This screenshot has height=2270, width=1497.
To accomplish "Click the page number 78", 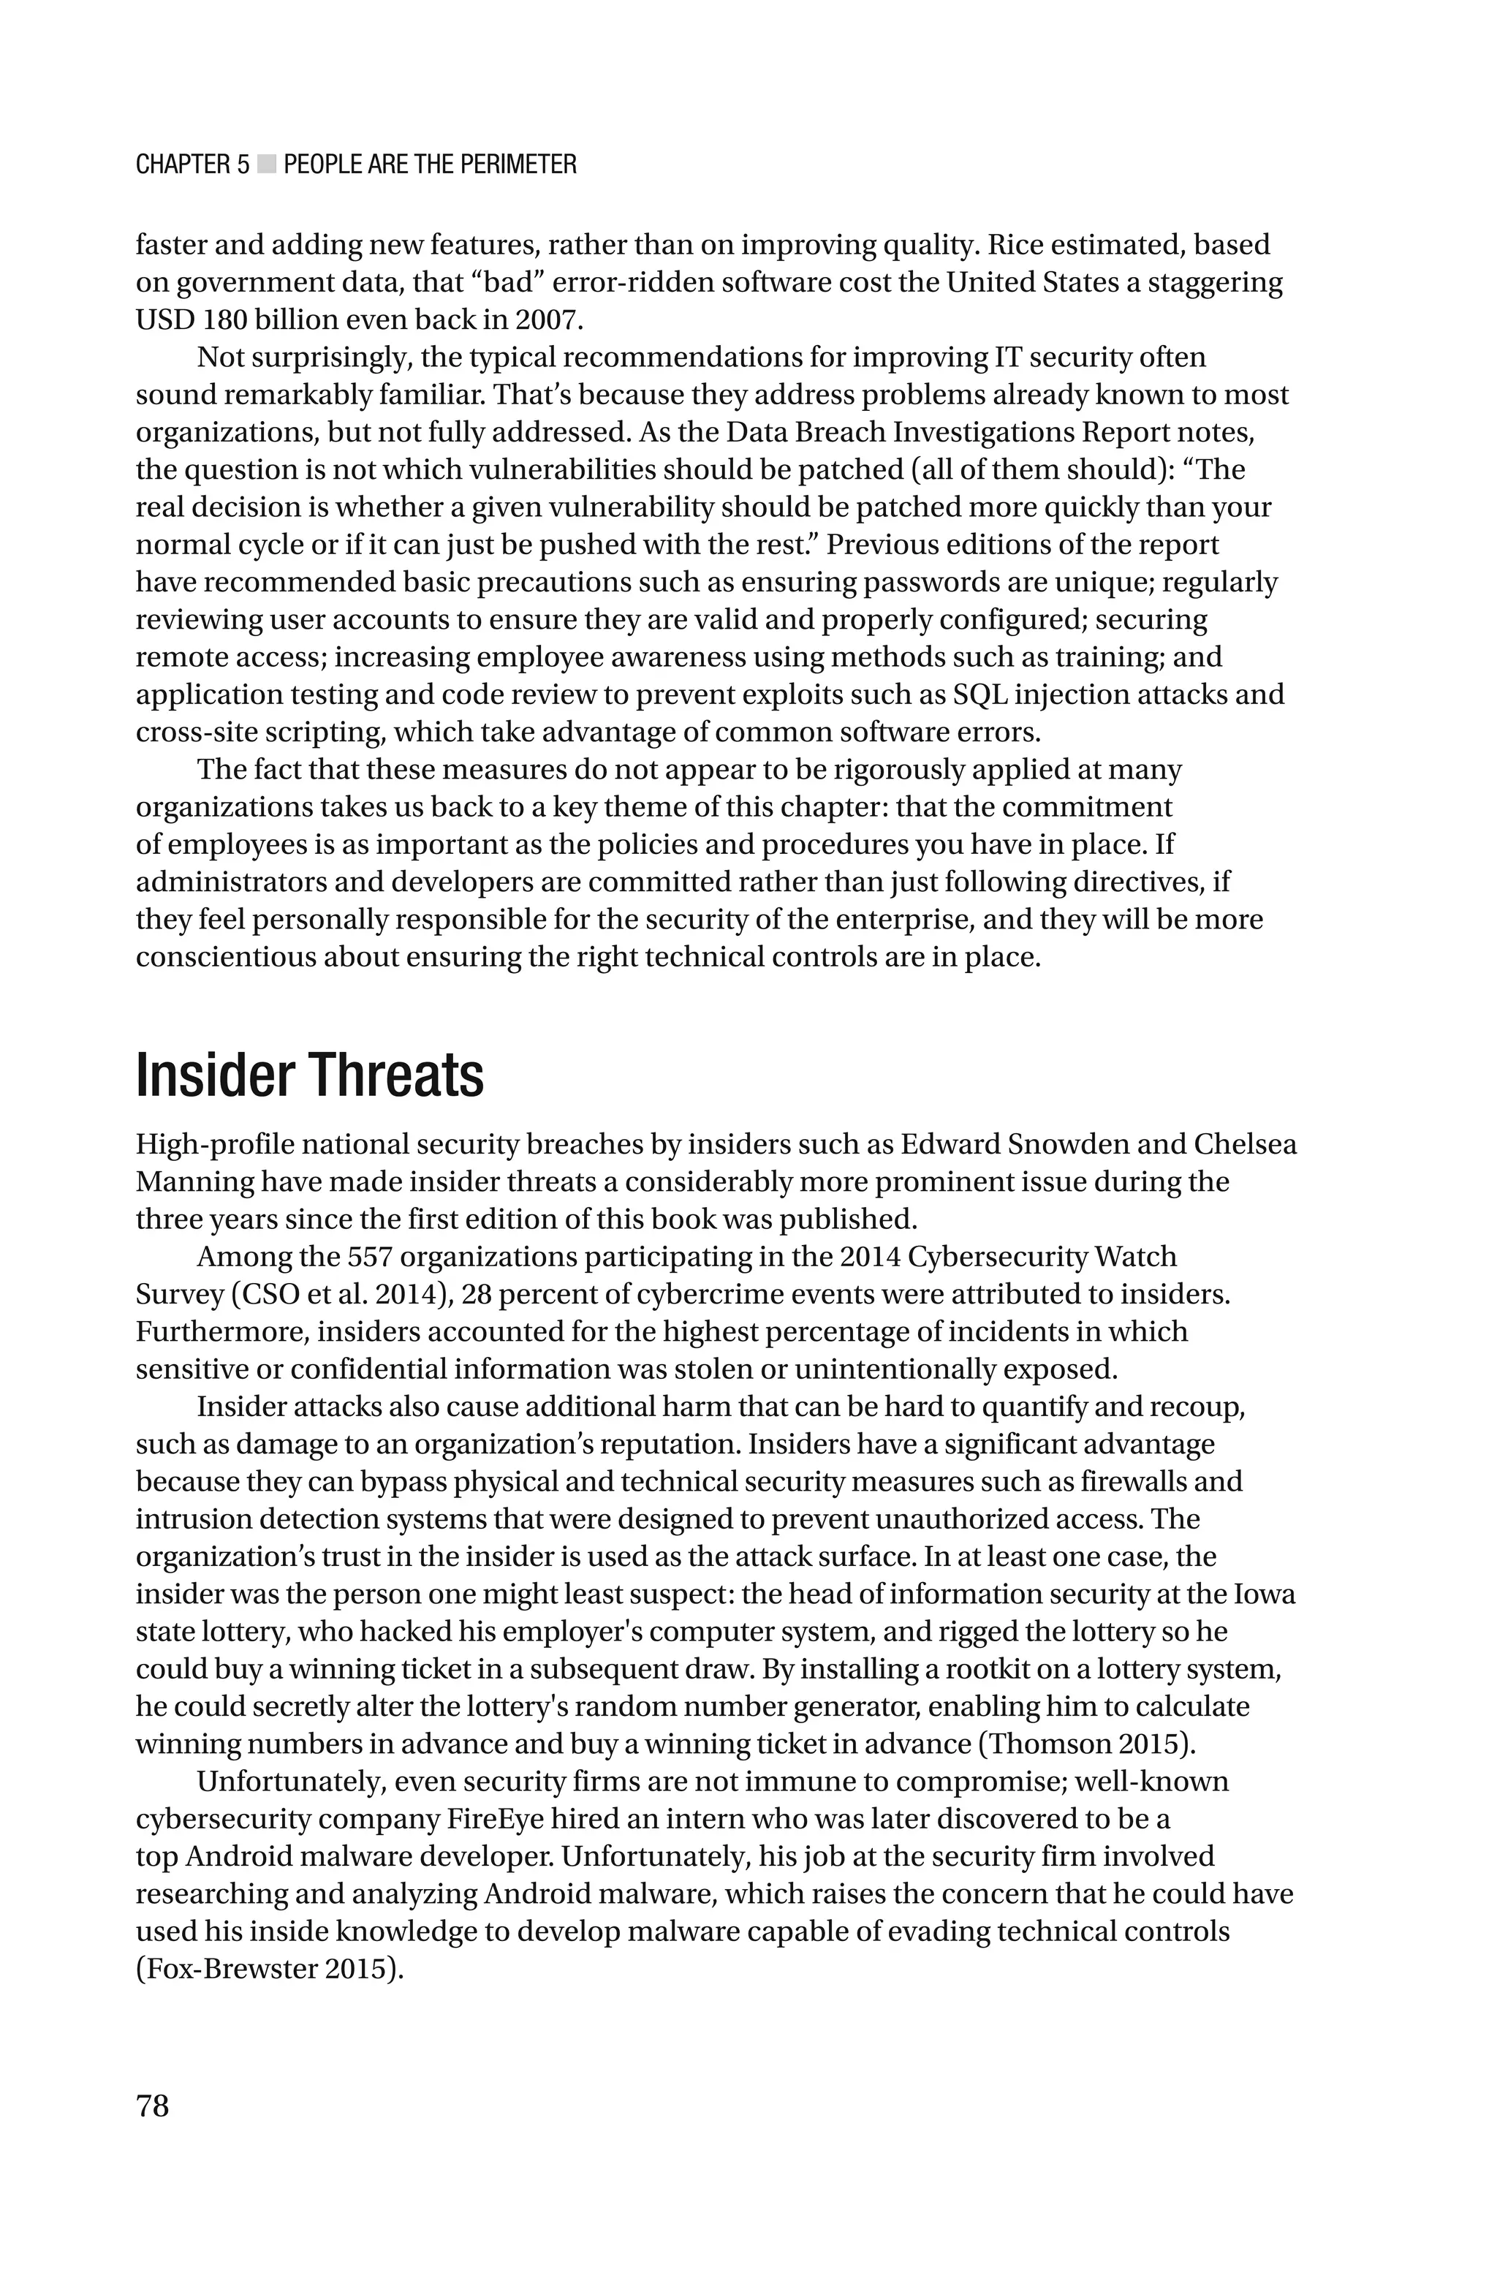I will pos(153,2106).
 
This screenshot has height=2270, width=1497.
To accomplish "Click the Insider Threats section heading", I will pos(309,1076).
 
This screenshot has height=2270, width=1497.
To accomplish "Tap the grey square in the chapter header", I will pos(266,165).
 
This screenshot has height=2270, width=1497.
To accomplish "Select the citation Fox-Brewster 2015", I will pos(265,1968).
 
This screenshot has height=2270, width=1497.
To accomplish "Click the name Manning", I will pos(194,1181).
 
